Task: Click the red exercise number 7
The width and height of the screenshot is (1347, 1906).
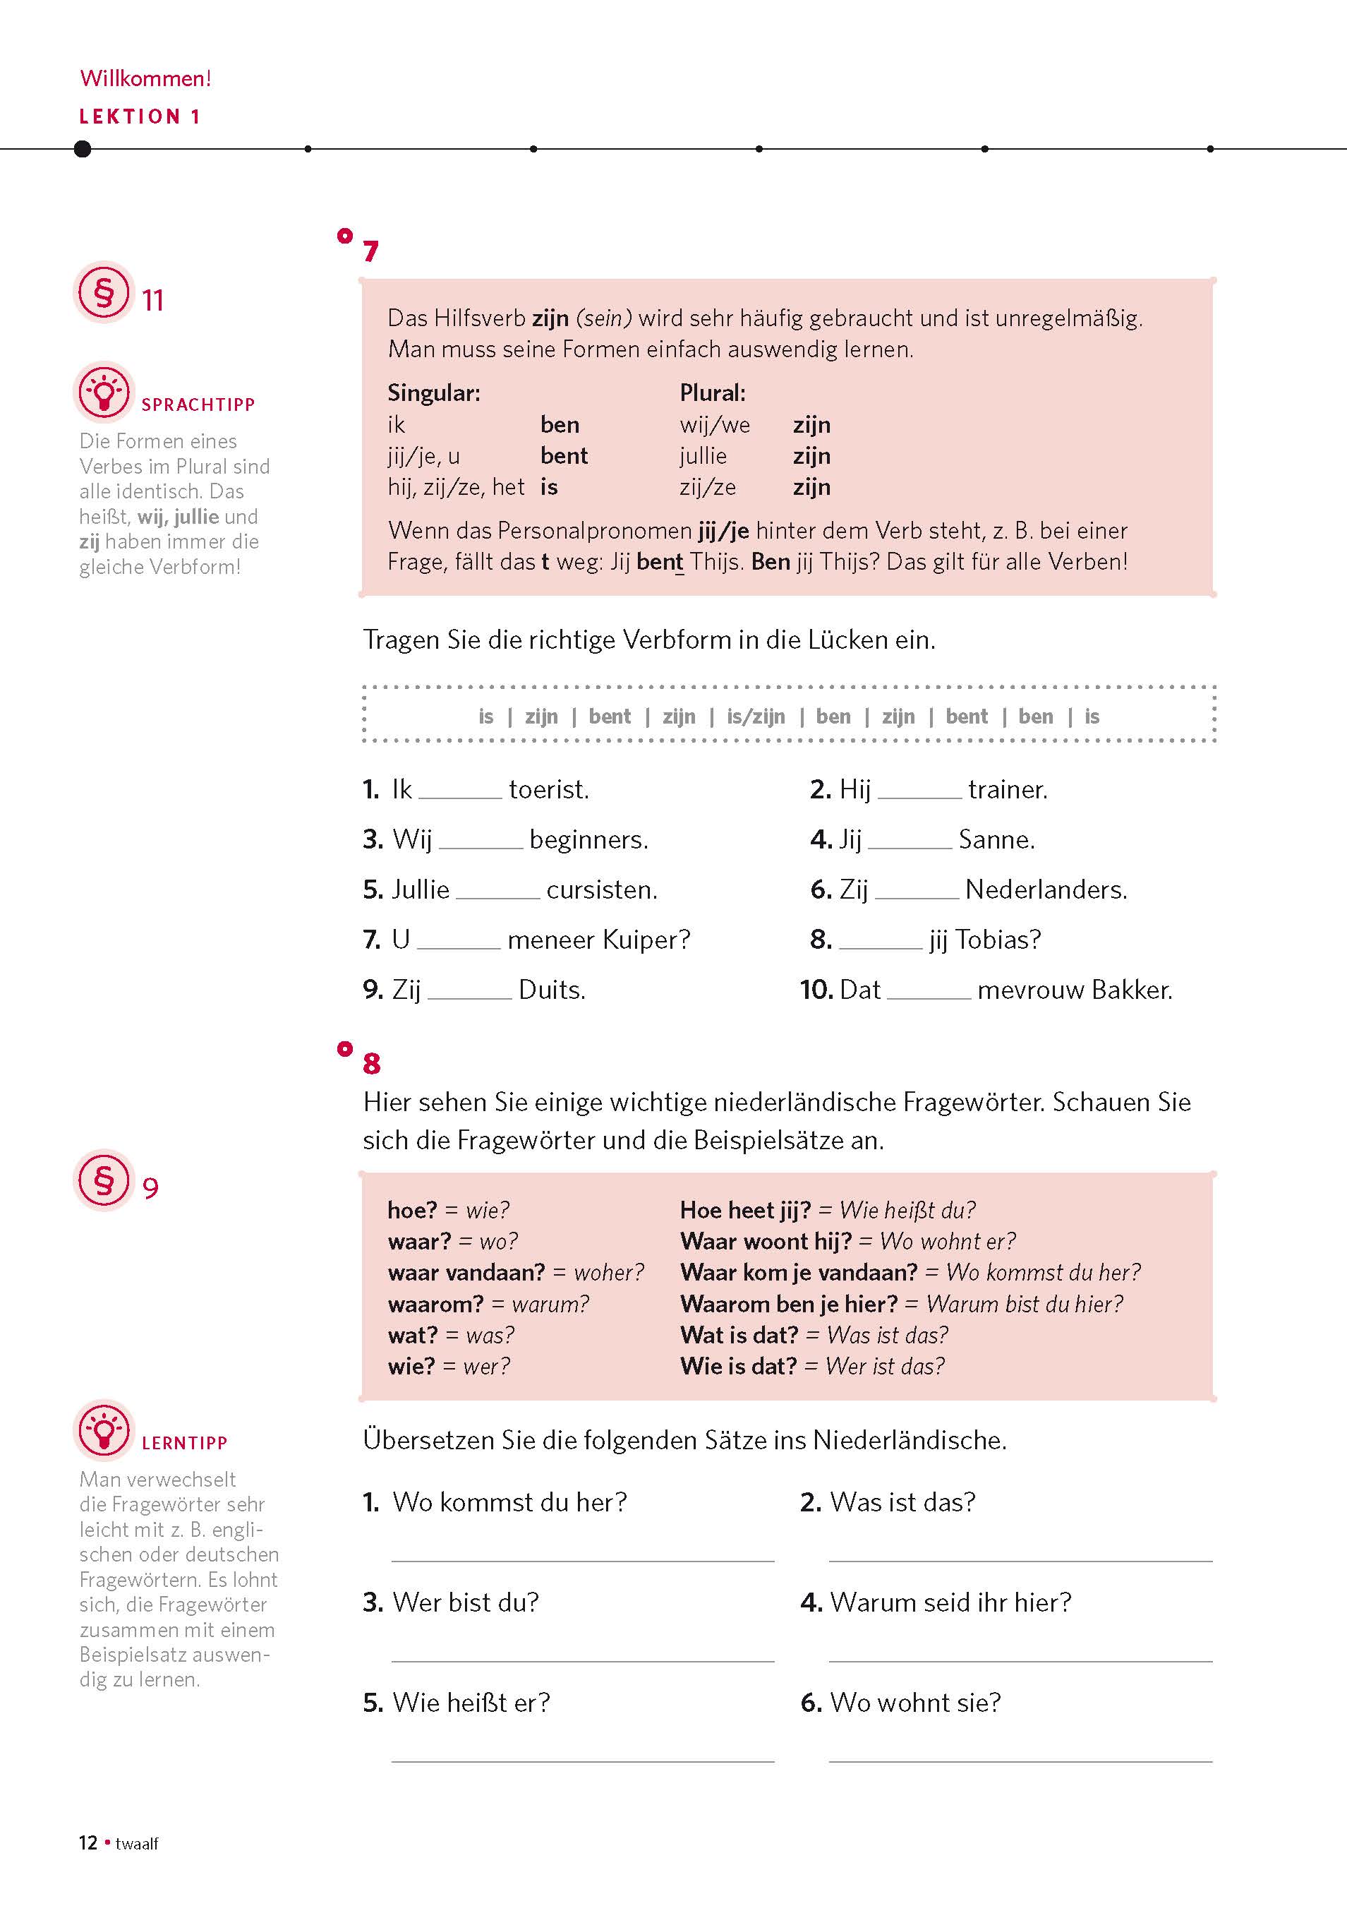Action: (371, 251)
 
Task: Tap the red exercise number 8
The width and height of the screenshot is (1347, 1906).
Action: (372, 1063)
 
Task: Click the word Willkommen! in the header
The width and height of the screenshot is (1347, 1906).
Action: (145, 78)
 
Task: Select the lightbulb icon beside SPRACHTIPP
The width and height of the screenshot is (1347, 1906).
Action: (104, 392)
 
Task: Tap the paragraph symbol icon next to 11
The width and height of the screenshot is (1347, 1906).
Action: (104, 292)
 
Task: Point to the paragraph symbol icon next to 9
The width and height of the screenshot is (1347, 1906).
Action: (104, 1180)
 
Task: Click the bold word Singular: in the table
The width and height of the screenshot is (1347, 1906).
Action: (434, 392)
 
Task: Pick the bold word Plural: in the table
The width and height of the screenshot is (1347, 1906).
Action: (712, 392)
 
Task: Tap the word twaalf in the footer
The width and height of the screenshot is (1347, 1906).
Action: (137, 1844)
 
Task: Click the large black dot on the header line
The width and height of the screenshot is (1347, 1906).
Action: (82, 148)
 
